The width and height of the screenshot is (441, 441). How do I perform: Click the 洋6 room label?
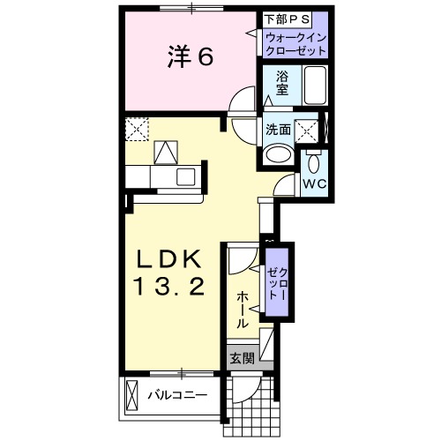coord(189,57)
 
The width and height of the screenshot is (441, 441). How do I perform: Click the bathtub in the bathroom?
coord(314,86)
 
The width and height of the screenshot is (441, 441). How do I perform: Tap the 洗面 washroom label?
coord(279,130)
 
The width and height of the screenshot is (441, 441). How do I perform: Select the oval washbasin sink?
coord(278,153)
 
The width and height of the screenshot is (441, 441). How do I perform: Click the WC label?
coord(315,183)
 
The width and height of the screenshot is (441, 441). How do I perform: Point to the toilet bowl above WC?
coord(315,162)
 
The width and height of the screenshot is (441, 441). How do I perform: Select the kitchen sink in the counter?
coord(186,176)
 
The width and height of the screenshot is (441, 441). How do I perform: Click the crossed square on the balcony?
coord(132,392)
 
